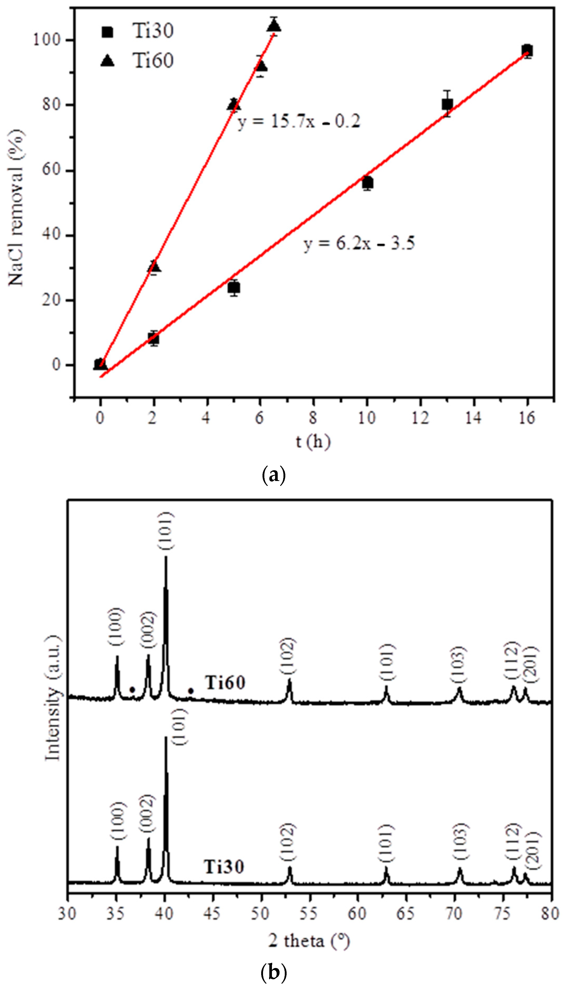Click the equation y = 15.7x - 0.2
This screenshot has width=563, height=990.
point(298,121)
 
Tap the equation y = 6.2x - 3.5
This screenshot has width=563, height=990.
point(359,244)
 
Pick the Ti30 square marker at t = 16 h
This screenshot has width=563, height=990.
point(527,51)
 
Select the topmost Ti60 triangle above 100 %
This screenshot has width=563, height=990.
point(274,26)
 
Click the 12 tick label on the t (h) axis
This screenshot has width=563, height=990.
point(420,418)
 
